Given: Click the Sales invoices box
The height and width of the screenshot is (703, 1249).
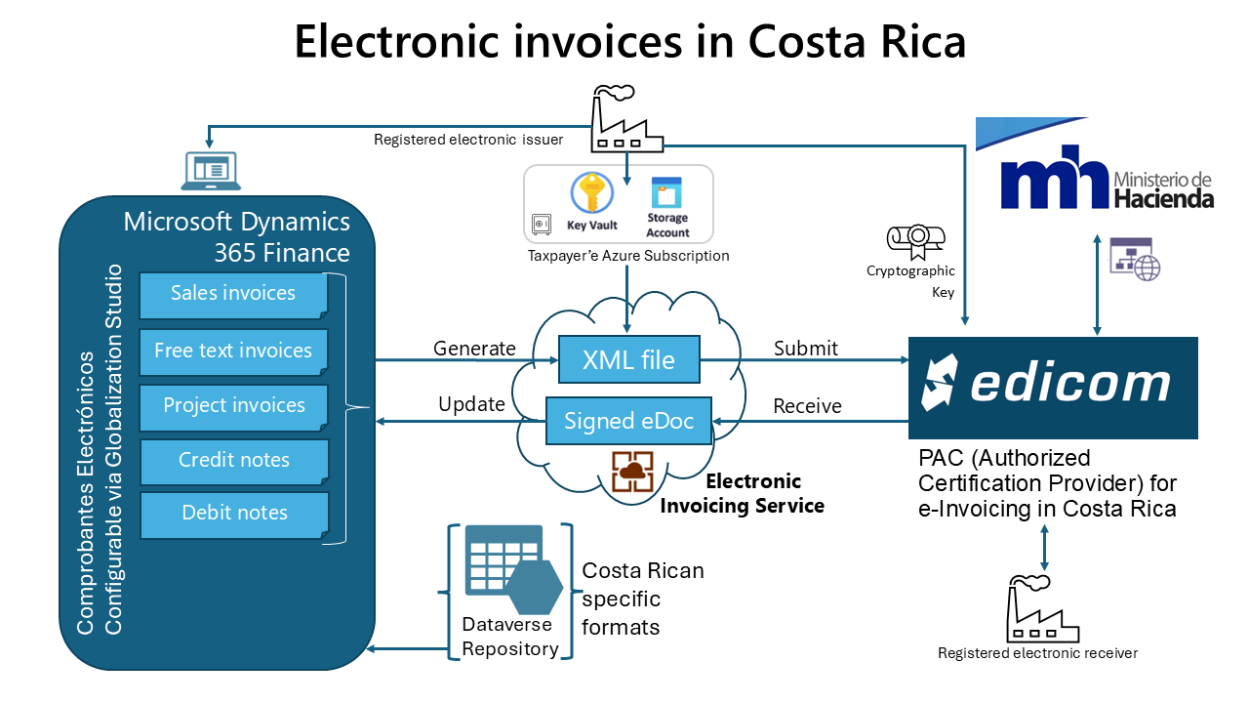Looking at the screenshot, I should coord(232,294).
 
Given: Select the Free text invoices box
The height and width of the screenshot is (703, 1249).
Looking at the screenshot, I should coord(232,351).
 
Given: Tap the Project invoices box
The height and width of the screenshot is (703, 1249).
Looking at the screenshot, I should coord(233,406).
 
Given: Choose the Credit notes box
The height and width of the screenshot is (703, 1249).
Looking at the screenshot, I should coord(233,461).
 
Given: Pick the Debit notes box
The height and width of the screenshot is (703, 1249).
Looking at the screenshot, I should coord(233,514).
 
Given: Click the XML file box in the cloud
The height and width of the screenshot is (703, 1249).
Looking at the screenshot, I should coord(628,360).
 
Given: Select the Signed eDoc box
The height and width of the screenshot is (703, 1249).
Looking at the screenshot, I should coord(628,422).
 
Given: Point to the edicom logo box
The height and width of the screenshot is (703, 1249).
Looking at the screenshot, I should coord(1052,387).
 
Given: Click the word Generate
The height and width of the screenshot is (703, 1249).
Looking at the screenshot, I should coord(474,349).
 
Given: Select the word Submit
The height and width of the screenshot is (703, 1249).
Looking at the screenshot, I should coord(805,349).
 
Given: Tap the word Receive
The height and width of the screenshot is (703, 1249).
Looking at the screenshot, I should coord(807,406).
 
